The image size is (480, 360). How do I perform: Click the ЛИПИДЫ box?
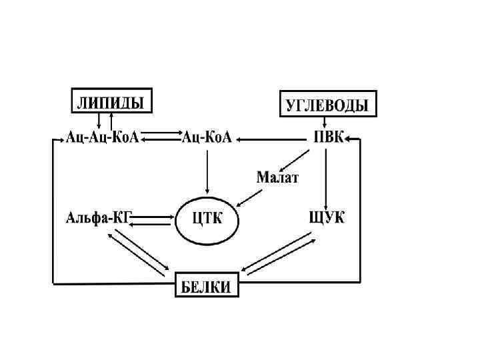click(111, 101)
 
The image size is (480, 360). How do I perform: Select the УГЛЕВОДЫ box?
click(327, 103)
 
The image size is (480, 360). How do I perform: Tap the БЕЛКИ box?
click(207, 287)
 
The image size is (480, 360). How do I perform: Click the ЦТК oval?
click(207, 219)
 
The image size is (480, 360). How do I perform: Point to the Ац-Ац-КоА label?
click(102, 138)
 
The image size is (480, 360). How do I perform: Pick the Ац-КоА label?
click(207, 138)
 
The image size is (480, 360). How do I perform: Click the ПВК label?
click(329, 138)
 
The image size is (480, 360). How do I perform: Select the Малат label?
click(278, 178)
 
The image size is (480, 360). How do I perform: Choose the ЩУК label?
click(327, 217)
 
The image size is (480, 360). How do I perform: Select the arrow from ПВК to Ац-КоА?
click(273, 139)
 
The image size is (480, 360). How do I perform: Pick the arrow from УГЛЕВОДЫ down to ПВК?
click(325, 123)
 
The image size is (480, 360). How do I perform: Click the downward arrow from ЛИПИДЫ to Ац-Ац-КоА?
click(99, 121)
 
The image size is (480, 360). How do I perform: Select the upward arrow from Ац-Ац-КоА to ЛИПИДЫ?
click(111, 121)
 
